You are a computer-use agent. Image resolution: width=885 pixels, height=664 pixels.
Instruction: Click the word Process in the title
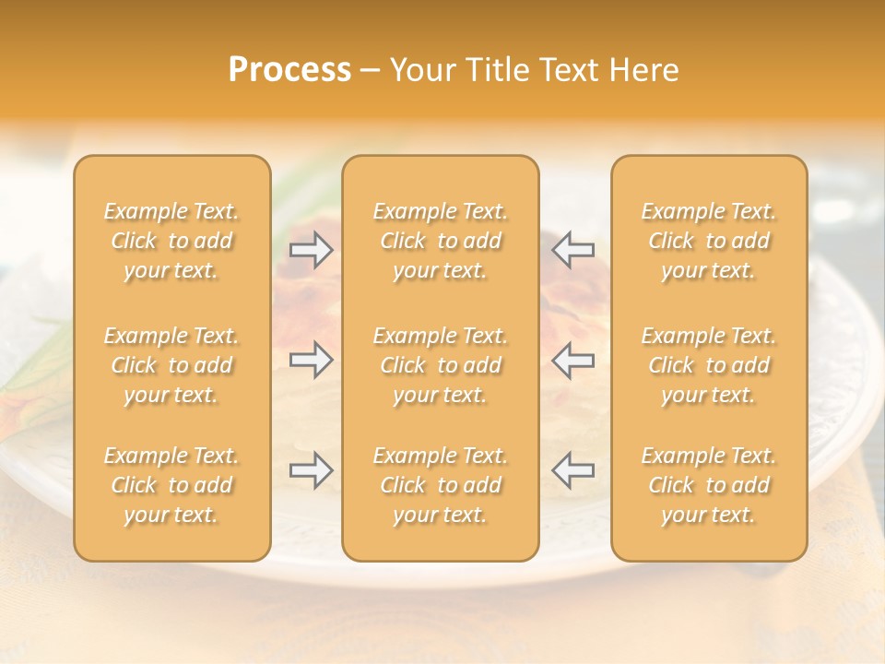(x=289, y=70)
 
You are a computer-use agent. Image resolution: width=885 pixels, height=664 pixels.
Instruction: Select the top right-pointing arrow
(x=312, y=249)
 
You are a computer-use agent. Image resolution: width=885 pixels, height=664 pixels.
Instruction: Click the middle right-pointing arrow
(x=312, y=360)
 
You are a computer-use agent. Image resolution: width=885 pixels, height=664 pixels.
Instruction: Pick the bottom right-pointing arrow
(x=312, y=470)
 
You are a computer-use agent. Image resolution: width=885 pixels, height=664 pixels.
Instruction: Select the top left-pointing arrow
(x=573, y=249)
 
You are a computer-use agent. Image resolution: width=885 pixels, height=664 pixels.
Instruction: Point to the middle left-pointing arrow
(x=573, y=360)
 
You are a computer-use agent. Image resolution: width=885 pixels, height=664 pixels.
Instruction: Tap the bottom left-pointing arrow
(x=573, y=470)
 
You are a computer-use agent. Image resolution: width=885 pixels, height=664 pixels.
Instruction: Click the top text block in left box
(x=171, y=241)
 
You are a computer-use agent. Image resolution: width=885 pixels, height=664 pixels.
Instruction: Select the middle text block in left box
(x=171, y=365)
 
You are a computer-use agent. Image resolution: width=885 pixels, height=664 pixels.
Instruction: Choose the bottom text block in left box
(x=171, y=485)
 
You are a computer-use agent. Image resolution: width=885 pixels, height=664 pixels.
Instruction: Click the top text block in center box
(x=441, y=241)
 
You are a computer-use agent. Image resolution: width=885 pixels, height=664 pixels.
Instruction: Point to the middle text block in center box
(x=441, y=365)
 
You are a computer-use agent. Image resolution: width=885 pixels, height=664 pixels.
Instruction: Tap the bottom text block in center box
(x=441, y=485)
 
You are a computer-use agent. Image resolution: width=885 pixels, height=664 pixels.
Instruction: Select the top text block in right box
(x=709, y=241)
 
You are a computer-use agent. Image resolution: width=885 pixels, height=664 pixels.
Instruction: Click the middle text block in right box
(x=709, y=365)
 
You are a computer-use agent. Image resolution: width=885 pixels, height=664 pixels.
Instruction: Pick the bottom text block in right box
(x=709, y=485)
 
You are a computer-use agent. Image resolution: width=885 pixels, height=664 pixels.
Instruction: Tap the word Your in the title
(x=420, y=70)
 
